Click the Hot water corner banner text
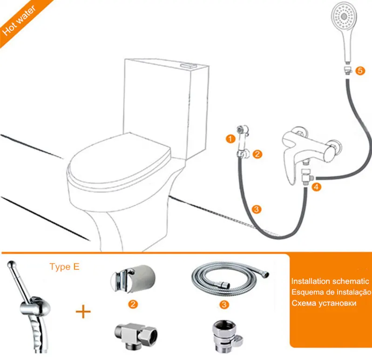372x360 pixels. [19, 21]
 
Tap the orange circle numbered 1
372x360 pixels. [230, 139]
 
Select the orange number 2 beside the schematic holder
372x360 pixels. [257, 154]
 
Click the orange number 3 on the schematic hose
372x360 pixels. [256, 209]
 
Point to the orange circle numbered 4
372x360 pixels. [316, 187]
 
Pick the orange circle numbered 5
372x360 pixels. [360, 71]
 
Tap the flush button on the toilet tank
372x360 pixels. [188, 66]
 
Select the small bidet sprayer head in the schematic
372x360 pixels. [243, 135]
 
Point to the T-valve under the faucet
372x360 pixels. [306, 177]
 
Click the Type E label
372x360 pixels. [64, 267]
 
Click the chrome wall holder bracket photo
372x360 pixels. [133, 279]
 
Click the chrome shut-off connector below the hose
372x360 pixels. [226, 335]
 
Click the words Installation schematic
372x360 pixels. [330, 281]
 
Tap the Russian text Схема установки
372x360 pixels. [324, 303]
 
